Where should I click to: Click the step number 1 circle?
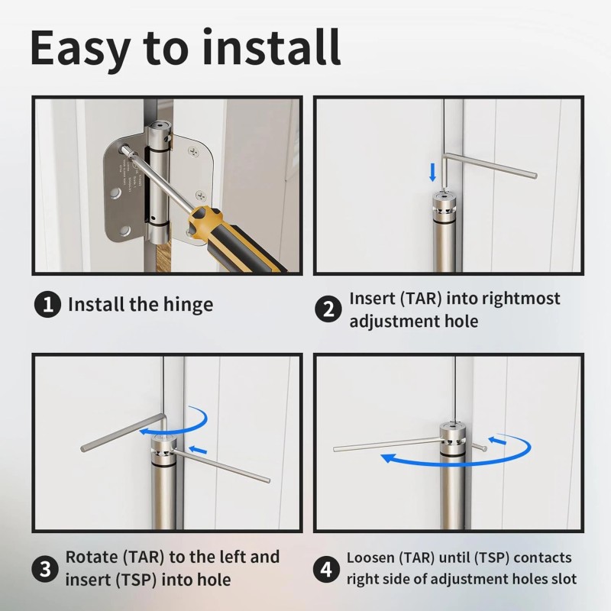47,304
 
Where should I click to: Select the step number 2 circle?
328,309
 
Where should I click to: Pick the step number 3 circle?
46,568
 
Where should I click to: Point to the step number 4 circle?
327,568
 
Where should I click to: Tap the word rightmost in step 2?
521,299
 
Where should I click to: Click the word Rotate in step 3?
92,557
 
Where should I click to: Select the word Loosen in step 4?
370,558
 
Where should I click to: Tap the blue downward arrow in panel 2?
432,173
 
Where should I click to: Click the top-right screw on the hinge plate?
194,151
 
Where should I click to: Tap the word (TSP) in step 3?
137,580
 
